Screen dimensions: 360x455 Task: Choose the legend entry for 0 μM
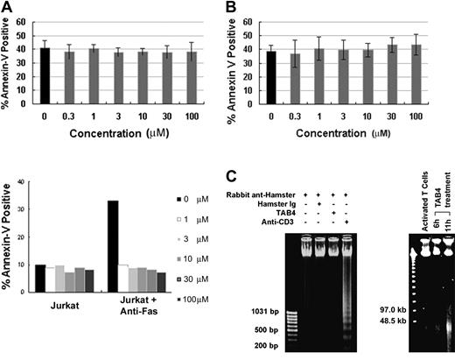pos(202,201)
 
